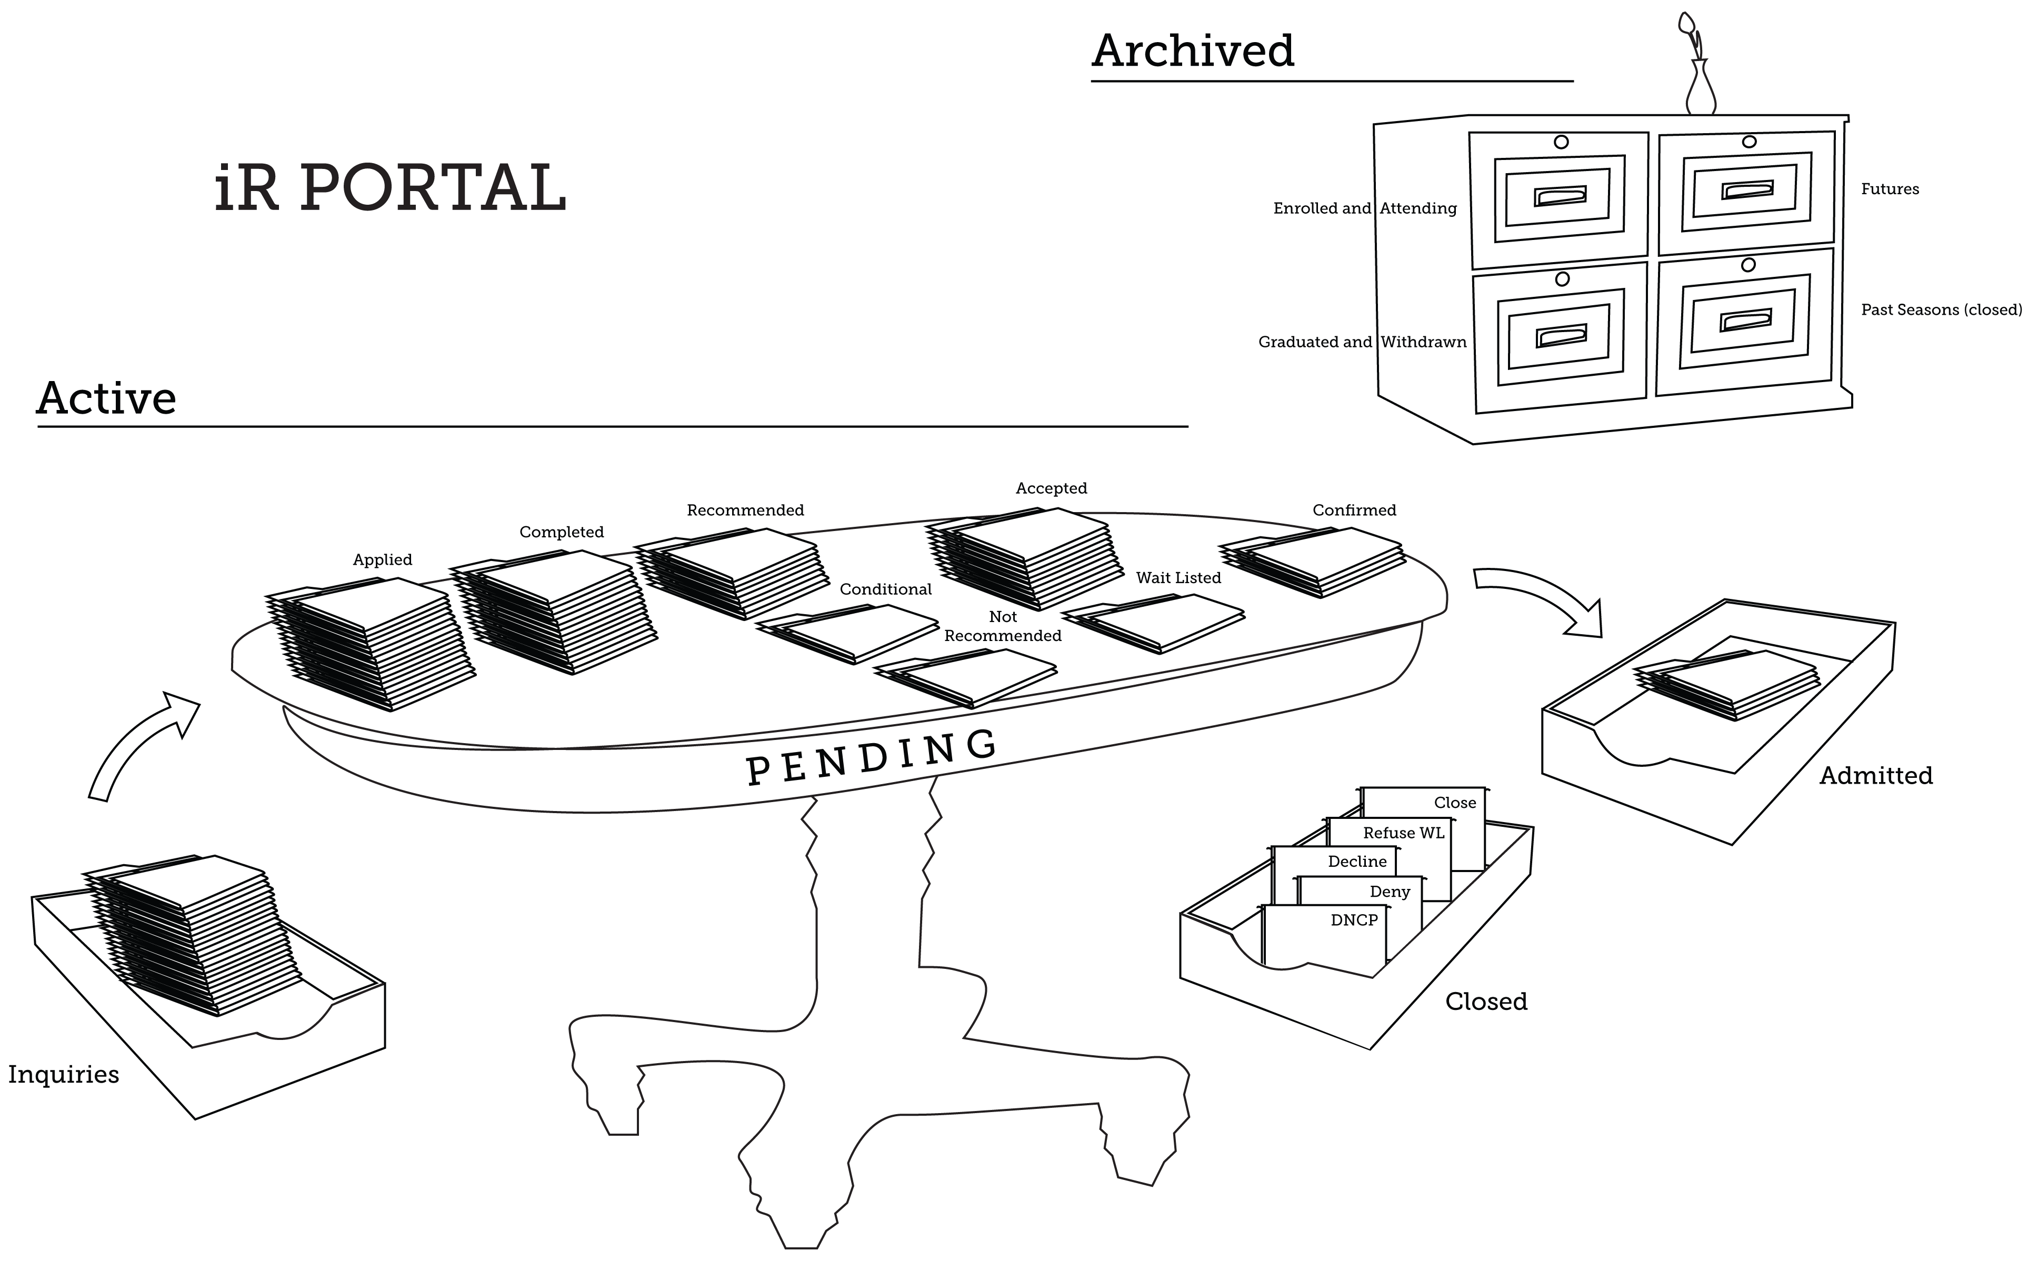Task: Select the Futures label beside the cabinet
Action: pos(1890,189)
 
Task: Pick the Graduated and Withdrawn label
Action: pos(1362,342)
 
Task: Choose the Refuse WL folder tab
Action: pos(1403,832)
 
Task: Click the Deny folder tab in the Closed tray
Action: pos(1389,892)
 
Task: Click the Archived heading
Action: pos(1193,52)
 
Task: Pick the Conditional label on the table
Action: pos(885,589)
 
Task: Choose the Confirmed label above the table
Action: pos(1353,511)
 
